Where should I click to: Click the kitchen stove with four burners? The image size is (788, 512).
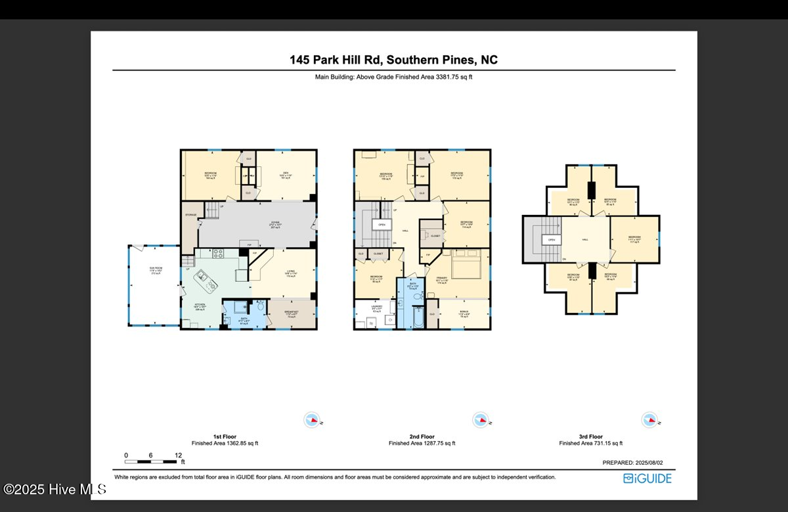pos(217,254)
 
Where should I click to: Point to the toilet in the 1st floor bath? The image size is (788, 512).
pos(261,307)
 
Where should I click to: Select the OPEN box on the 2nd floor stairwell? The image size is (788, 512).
pos(381,224)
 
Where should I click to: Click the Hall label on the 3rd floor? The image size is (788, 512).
pos(584,240)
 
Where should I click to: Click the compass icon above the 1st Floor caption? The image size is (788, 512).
pos(312,419)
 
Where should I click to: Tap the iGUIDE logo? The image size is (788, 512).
pos(647,478)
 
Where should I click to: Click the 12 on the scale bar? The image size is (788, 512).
pos(179,455)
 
